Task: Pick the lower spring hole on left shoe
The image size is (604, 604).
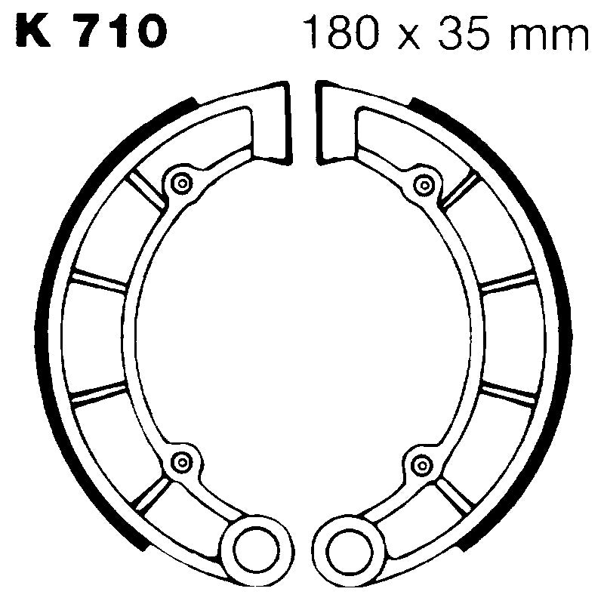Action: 181,461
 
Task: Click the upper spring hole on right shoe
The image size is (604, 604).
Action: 424,183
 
